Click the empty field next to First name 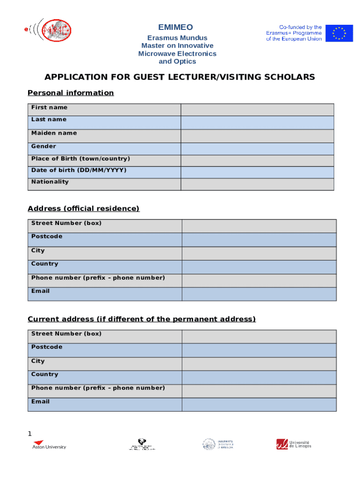point(257,109)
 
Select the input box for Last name point(257,123)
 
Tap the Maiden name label point(54,133)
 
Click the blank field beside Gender point(257,149)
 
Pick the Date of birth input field point(257,172)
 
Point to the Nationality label point(50,182)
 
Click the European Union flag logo point(339,33)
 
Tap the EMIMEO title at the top point(175,28)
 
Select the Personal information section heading point(71,93)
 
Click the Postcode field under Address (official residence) point(259,239)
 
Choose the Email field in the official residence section point(259,294)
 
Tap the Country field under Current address point(259,377)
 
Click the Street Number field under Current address point(259,336)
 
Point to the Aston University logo point(49,444)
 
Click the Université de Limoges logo point(294,444)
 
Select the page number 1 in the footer point(30,434)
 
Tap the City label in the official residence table point(38,251)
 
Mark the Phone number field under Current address point(259,391)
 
